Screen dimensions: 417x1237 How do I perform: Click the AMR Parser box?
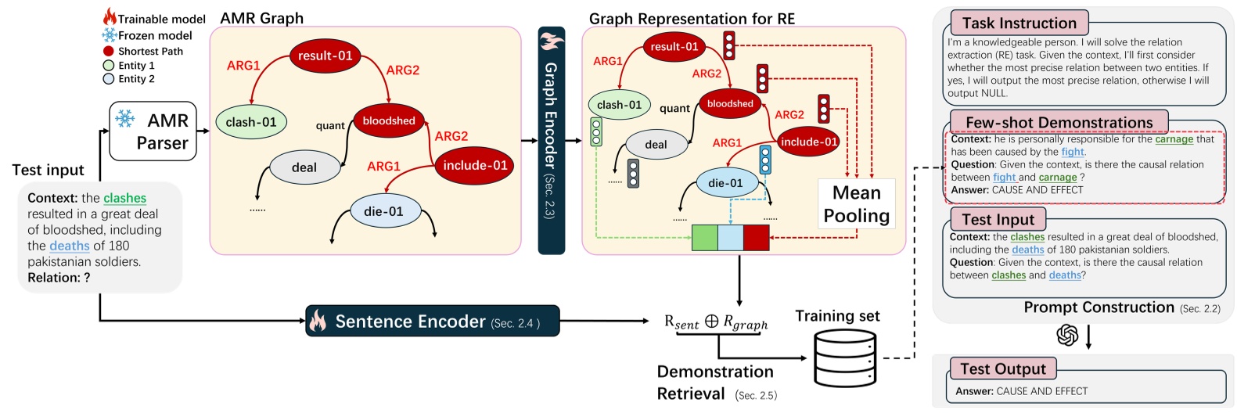(x=153, y=131)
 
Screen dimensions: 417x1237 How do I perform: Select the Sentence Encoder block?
(x=432, y=321)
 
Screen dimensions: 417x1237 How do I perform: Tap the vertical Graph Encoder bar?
(x=551, y=141)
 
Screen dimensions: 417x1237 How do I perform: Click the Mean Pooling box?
(x=856, y=204)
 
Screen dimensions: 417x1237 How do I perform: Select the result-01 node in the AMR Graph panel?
(x=325, y=56)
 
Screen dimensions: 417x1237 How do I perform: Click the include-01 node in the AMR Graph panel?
(x=475, y=165)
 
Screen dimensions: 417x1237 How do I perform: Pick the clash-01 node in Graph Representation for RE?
(x=619, y=105)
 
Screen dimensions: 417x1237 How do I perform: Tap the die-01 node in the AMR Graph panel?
(x=383, y=211)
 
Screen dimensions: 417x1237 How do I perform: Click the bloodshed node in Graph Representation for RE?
(x=730, y=103)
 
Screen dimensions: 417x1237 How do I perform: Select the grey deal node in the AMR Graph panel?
(x=304, y=167)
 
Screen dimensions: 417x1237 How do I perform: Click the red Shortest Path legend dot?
(x=109, y=51)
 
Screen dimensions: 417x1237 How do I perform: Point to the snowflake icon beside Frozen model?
(x=110, y=35)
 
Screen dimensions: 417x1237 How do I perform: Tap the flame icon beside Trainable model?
(x=110, y=17)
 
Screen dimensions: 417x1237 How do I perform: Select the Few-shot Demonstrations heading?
(x=1059, y=122)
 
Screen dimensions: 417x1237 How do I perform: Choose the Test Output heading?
(x=1002, y=368)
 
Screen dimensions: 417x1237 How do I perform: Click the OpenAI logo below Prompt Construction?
(x=1067, y=335)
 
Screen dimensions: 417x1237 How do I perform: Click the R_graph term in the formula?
(x=745, y=322)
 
